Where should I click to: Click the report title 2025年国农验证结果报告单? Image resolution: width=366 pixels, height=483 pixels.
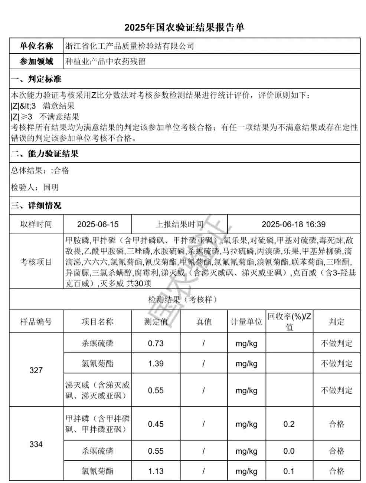[x=184, y=27]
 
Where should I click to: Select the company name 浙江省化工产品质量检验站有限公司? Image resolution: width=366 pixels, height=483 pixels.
[x=130, y=46]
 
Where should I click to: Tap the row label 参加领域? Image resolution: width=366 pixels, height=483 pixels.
[x=36, y=62]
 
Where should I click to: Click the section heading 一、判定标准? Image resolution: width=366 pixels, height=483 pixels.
[x=36, y=79]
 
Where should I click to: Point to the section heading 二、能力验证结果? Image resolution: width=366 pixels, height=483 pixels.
[x=45, y=154]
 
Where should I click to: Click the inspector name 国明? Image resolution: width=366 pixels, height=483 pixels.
[x=51, y=187]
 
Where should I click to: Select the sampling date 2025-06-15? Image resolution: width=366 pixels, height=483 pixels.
[x=98, y=224]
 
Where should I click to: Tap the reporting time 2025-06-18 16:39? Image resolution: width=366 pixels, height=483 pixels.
[x=293, y=224]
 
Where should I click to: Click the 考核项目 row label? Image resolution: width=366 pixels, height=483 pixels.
[x=36, y=262]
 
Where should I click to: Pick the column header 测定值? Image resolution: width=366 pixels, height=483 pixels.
[x=156, y=322]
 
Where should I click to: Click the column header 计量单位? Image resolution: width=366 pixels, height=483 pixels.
[x=246, y=322]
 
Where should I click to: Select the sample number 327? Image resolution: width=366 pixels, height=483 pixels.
[x=36, y=370]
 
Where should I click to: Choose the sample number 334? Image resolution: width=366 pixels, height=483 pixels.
[x=36, y=444]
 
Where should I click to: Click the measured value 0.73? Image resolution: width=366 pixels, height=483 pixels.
[x=156, y=343]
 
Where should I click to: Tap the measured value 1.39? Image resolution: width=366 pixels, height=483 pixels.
[x=156, y=364]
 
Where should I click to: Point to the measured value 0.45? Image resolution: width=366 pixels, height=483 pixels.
[x=156, y=424]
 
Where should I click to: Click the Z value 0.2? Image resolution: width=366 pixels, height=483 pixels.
[x=289, y=424]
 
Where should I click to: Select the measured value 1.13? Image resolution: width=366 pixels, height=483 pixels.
[x=156, y=471]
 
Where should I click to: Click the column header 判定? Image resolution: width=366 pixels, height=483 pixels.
[x=336, y=322]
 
